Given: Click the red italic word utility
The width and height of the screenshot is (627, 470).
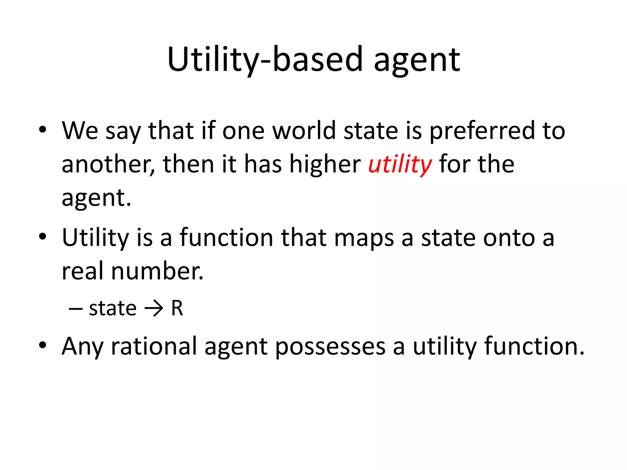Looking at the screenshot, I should click(x=400, y=165).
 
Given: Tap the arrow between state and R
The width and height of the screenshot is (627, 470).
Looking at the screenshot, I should click(x=154, y=308).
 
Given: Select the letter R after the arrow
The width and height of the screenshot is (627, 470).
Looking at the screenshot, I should click(x=177, y=308).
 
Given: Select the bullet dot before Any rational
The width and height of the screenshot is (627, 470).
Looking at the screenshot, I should click(x=43, y=345).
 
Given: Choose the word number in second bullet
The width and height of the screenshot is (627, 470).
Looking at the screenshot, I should click(x=157, y=271).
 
